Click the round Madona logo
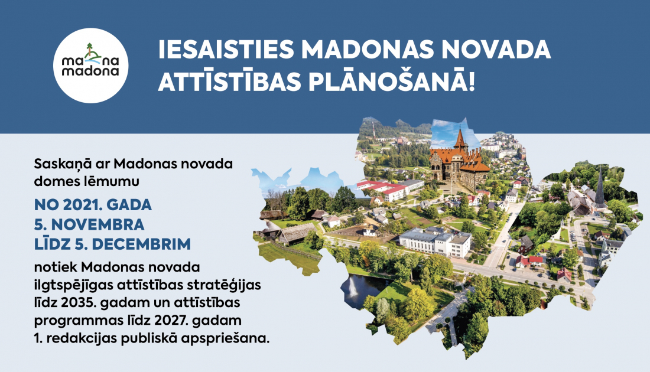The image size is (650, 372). pyautogui.click(x=91, y=66)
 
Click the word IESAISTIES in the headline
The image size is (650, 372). pyautogui.click(x=226, y=50)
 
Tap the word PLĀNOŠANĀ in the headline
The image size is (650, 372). pyautogui.click(x=388, y=81)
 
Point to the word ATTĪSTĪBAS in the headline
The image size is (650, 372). pyautogui.click(x=229, y=81)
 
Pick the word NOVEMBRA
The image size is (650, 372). pyautogui.click(x=97, y=224)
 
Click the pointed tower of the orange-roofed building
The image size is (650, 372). pyautogui.click(x=460, y=139)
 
